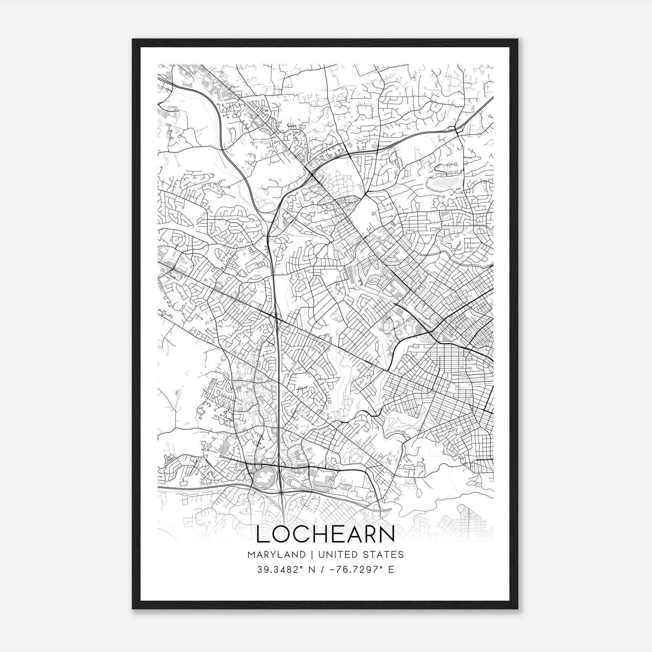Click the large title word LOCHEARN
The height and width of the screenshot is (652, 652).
326,534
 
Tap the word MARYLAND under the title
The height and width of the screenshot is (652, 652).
276,554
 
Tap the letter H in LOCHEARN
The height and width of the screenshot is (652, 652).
318,534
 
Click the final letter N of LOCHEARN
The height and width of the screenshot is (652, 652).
387,534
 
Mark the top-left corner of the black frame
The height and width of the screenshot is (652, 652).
133,40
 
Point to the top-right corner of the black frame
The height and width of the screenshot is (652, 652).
518,40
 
